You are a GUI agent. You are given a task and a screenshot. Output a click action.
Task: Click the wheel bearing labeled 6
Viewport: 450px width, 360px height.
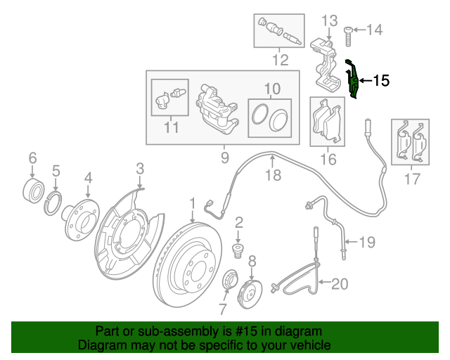click(x=32, y=189)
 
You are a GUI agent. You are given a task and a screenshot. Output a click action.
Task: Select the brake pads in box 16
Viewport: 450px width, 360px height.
click(x=328, y=121)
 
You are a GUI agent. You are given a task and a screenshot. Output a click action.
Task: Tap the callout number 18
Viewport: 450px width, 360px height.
click(x=272, y=175)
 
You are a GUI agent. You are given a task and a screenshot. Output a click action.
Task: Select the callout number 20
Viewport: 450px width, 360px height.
click(x=340, y=284)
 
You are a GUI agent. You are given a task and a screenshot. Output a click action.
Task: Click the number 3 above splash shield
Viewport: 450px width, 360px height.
click(x=140, y=168)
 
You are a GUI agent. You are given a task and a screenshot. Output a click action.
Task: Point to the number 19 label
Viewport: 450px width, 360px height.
click(x=368, y=243)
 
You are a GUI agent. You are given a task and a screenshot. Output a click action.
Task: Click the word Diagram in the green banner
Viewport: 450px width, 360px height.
click(x=99, y=346)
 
